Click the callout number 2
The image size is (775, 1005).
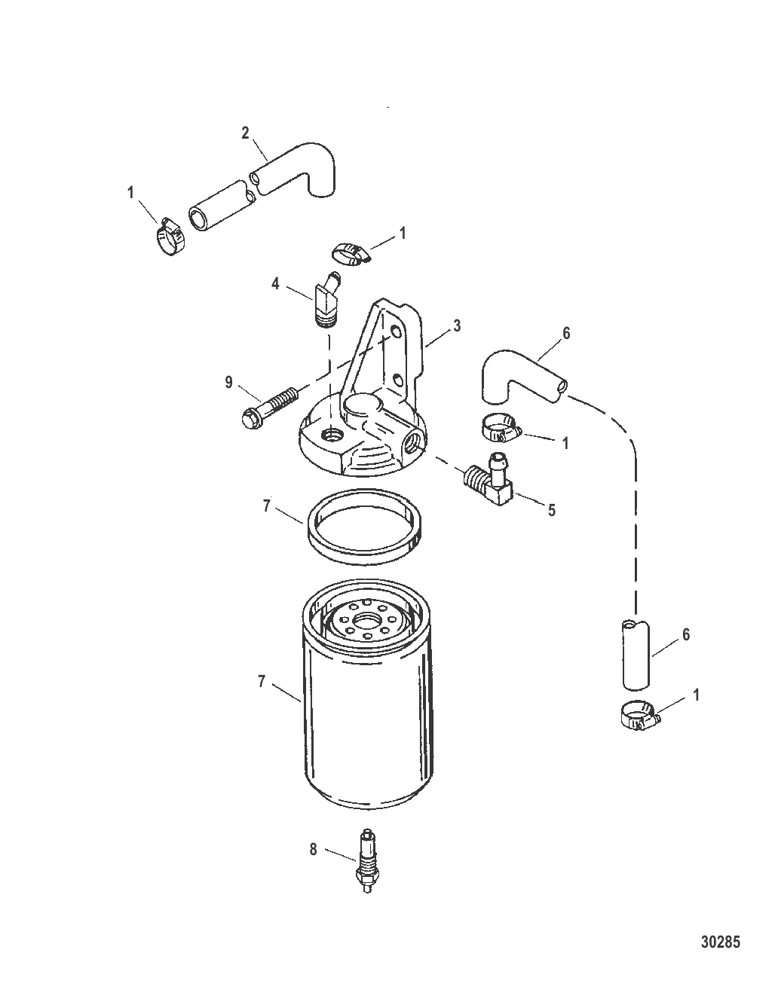coord(245,133)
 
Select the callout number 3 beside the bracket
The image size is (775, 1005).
coord(457,326)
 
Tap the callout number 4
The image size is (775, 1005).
coord(275,283)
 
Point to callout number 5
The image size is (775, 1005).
coord(552,510)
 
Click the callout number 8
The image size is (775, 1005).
coord(313,850)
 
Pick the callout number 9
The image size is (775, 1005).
coord(229,383)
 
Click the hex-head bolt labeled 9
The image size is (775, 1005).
coord(270,405)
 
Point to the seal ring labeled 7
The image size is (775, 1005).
coord(365,527)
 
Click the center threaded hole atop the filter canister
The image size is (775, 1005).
coord(367,619)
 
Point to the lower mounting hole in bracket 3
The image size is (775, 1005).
coord(397,381)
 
